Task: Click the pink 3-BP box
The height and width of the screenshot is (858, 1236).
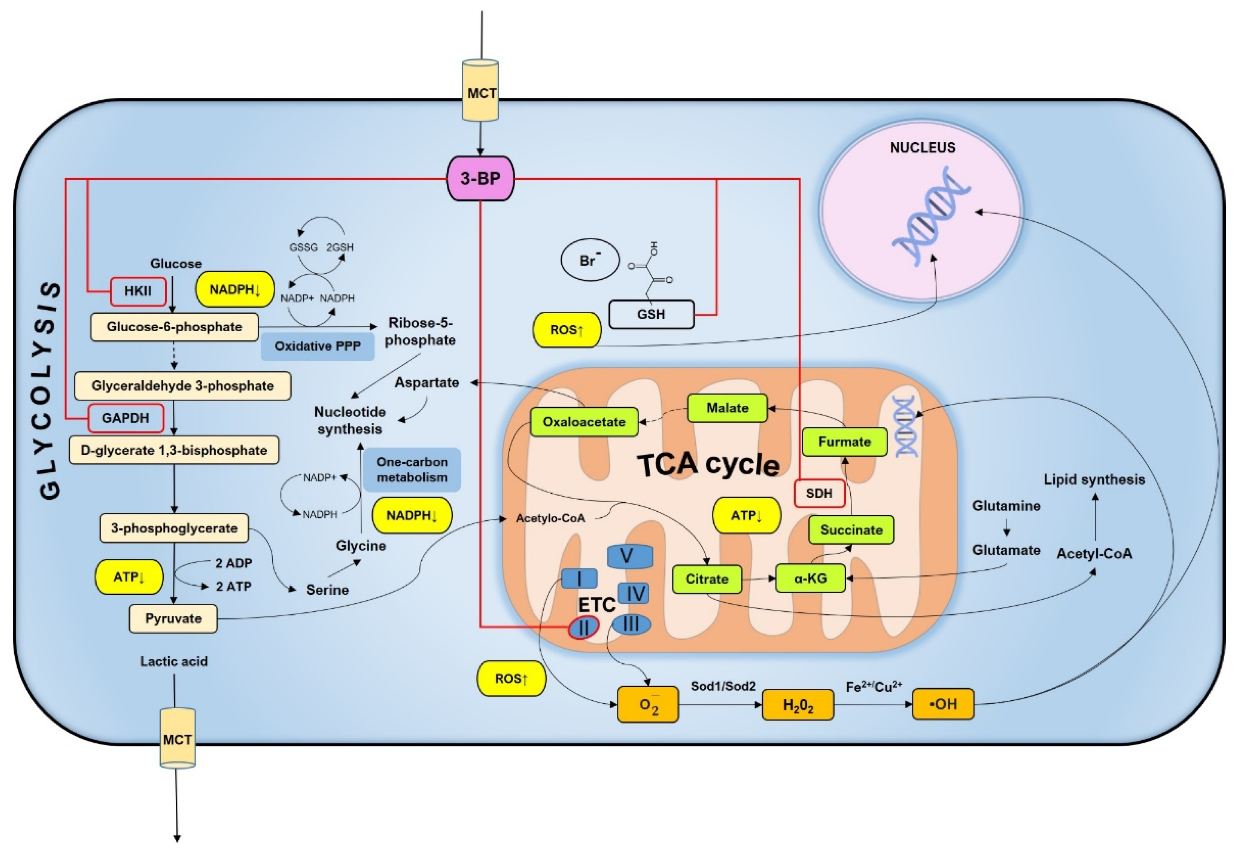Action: coord(480,178)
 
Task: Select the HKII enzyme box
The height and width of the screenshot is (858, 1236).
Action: coord(138,291)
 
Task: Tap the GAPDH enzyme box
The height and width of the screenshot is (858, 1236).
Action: coord(126,418)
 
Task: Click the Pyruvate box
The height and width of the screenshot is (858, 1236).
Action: coord(173,618)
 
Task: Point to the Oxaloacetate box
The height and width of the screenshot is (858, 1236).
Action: coord(584,422)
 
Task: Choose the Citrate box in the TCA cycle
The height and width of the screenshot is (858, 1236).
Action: coord(707,579)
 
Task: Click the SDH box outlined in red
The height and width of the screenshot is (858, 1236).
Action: coord(819,493)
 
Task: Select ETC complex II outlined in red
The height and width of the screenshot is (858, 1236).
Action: coord(584,627)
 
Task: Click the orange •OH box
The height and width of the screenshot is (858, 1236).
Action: coord(943,704)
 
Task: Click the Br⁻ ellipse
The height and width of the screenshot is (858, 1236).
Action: coord(590,260)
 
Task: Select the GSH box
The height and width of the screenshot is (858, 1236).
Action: coord(651,314)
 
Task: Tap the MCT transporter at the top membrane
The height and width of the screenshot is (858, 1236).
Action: coord(481,90)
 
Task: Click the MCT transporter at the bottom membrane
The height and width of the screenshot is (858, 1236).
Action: coord(177,738)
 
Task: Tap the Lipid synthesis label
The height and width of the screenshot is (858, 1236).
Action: coord(1094,479)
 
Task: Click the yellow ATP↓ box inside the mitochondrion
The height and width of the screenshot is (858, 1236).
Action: coord(746,515)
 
